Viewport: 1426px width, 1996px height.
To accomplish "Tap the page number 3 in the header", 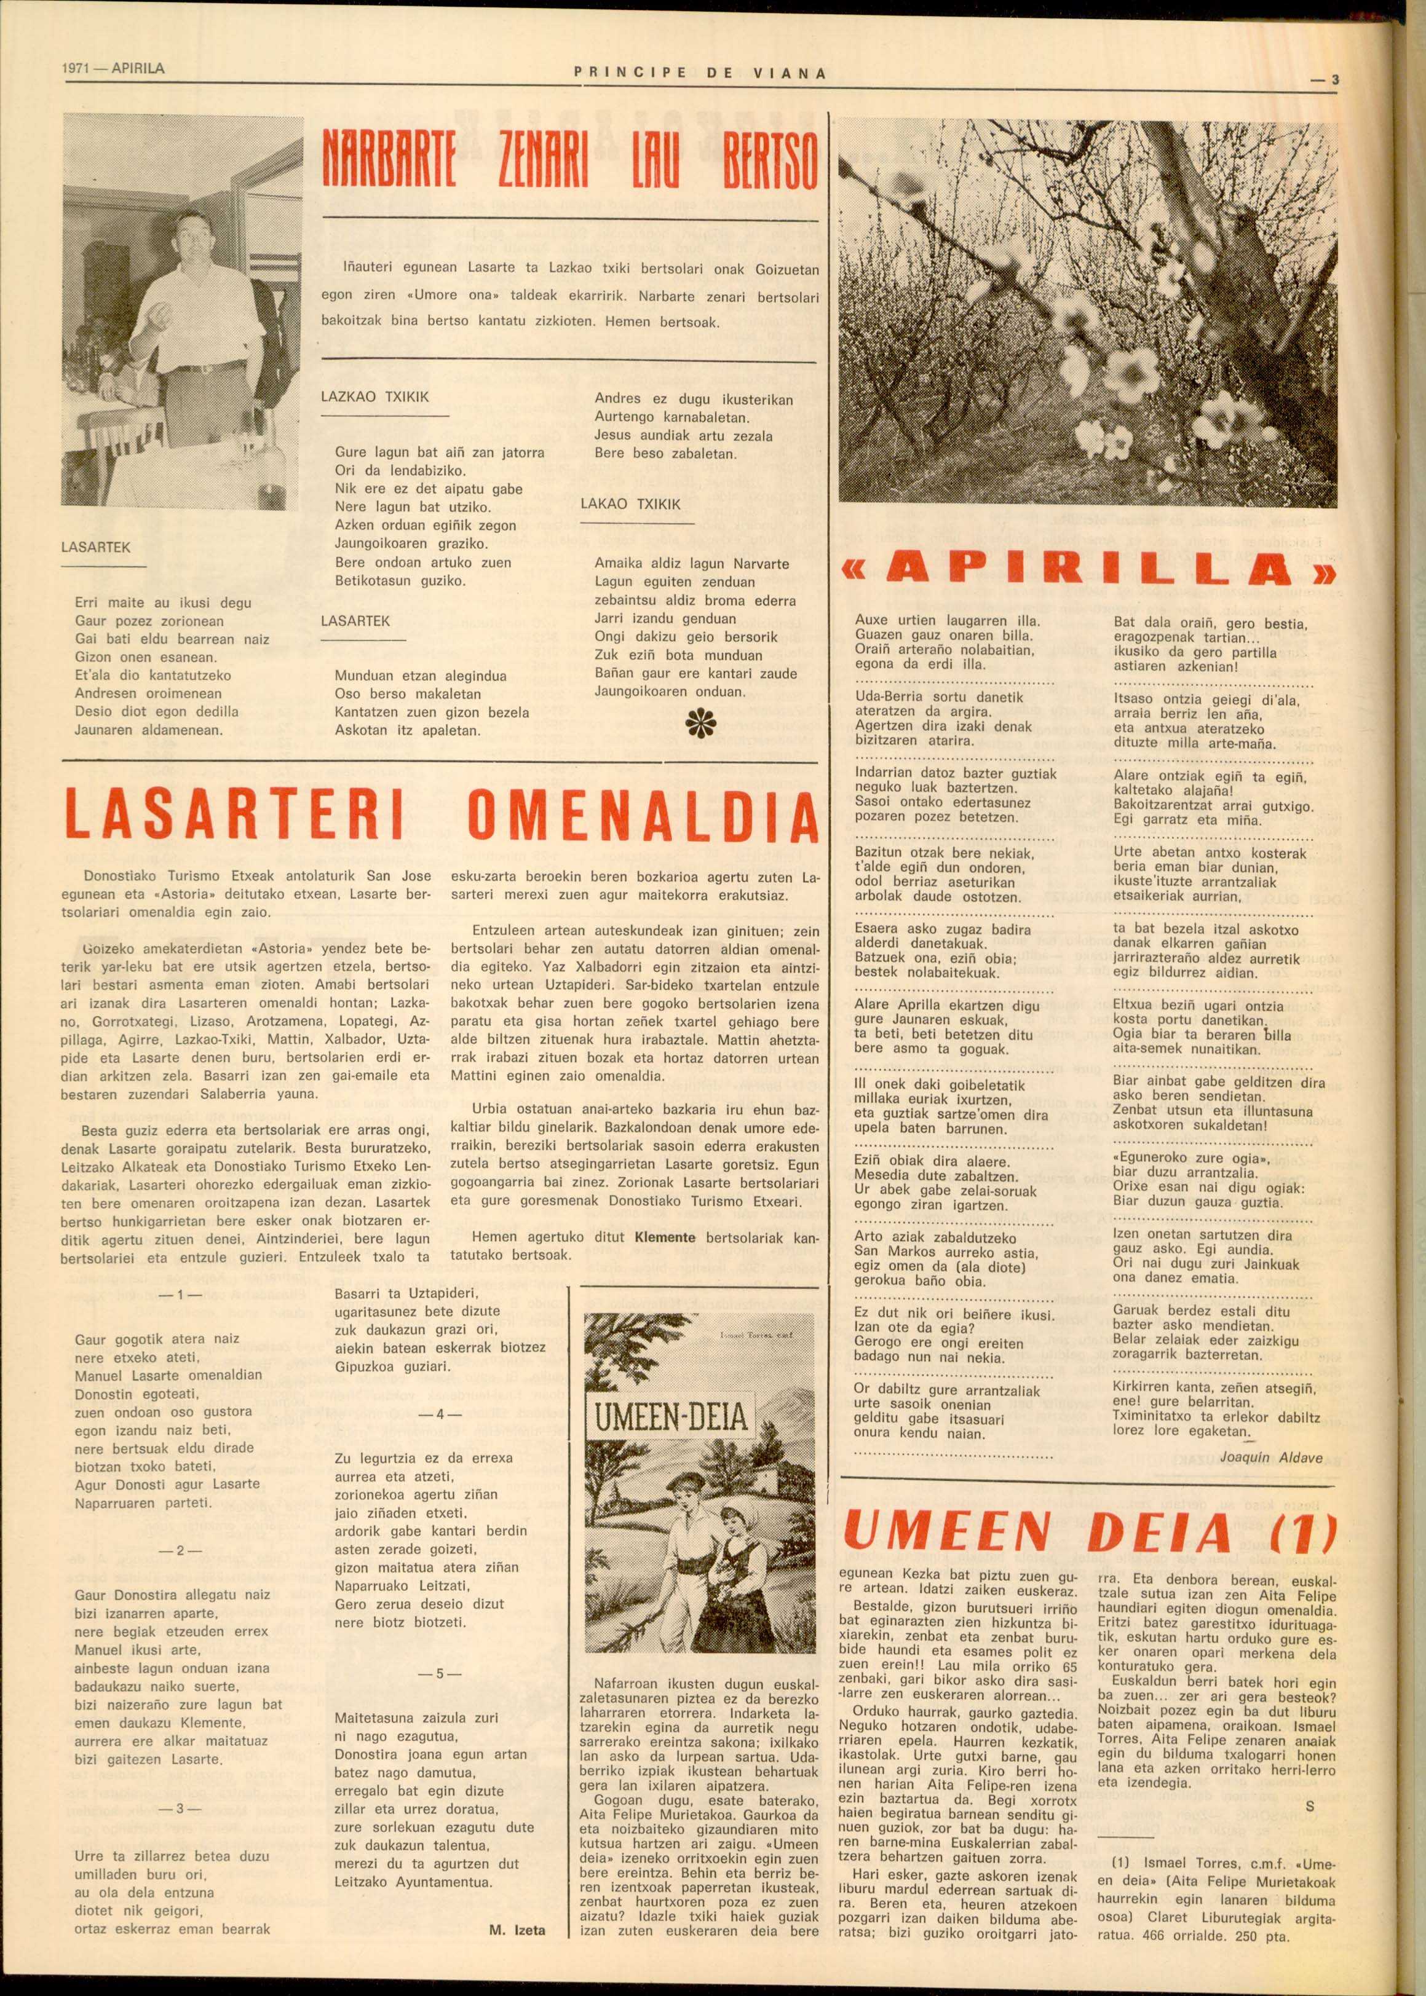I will point(1334,80).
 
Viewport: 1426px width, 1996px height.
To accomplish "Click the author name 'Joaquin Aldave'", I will point(1270,1458).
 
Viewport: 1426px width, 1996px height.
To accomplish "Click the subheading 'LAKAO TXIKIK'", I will point(630,504).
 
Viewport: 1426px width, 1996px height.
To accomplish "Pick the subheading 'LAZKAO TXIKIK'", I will point(375,396).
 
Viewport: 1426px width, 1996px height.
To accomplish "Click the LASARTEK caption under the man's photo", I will point(96,547).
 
